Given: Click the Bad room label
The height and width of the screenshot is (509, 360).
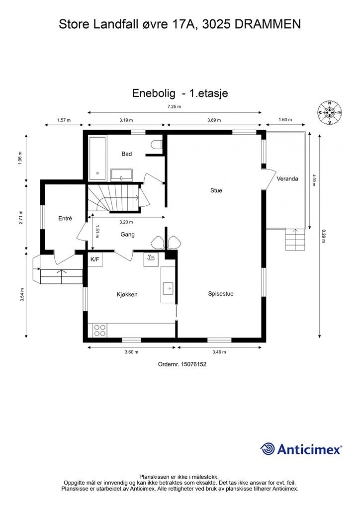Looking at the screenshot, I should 127,154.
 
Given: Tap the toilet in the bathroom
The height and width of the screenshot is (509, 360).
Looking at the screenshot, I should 157,145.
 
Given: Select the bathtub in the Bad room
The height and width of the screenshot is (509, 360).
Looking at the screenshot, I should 97,158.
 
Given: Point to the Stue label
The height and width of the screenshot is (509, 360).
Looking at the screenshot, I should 216,190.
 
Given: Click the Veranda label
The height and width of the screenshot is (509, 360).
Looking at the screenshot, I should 287,178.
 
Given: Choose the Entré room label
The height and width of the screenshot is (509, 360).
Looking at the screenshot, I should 65,218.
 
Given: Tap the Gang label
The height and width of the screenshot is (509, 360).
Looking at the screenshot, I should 127,234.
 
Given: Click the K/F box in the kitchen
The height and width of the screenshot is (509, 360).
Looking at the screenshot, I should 94,259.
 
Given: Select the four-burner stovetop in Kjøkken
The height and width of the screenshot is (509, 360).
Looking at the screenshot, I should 99,330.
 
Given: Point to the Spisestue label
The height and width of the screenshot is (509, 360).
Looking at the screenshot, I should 221,294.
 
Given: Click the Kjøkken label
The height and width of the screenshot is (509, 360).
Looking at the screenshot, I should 127,294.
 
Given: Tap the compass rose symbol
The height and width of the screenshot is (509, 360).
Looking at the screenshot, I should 329,113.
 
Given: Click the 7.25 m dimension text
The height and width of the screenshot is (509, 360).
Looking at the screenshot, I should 174,107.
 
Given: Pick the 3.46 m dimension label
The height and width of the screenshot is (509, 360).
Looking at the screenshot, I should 219,352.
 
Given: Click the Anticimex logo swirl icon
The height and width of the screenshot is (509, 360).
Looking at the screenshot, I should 268,449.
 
